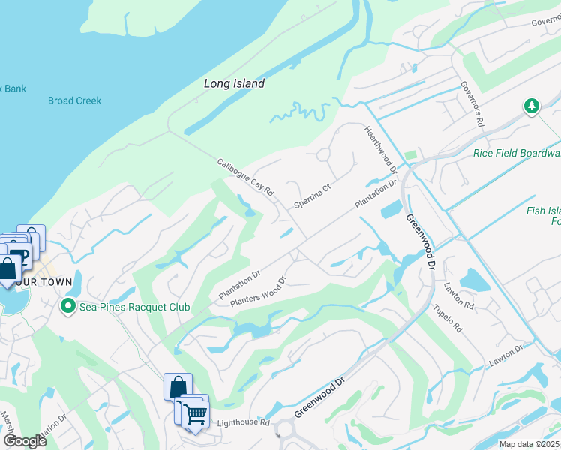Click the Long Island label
click(234, 84)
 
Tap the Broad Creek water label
click(74, 100)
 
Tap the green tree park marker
click(532, 106)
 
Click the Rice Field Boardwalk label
click(516, 154)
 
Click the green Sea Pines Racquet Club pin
click(67, 306)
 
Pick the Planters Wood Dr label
click(258, 292)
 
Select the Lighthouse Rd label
click(243, 423)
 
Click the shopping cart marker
click(195, 412)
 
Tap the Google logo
click(25, 441)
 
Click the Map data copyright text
click(529, 444)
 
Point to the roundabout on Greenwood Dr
click(285, 430)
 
